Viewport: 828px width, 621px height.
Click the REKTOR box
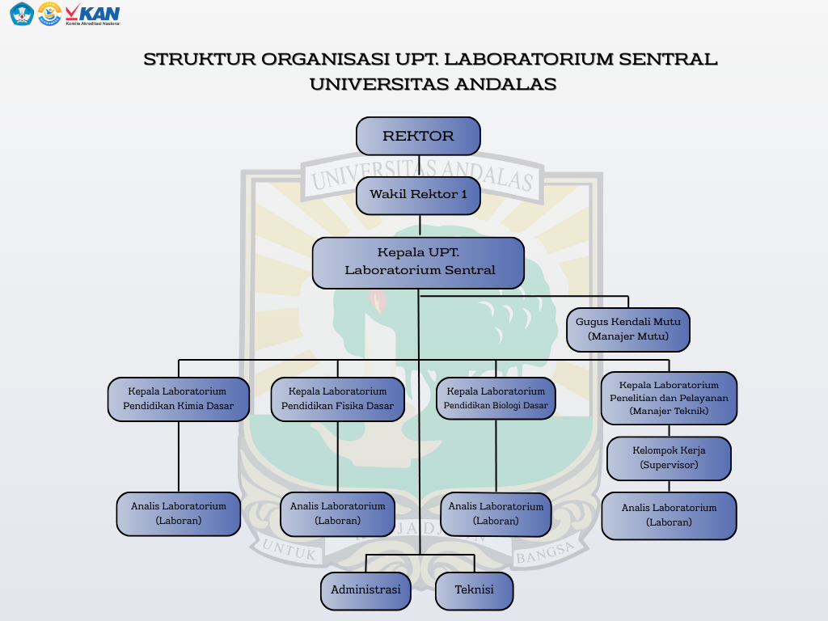(418, 136)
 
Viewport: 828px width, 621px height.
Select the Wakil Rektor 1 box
(418, 195)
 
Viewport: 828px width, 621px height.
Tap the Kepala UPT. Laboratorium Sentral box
(418, 263)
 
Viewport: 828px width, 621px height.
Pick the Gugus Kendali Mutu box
(628, 329)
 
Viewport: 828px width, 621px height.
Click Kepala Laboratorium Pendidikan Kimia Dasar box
(178, 399)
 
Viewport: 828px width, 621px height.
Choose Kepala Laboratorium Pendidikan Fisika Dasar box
(337, 399)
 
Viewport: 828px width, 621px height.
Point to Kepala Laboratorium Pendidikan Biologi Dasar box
(496, 398)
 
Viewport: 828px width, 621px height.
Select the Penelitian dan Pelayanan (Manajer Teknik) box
(669, 398)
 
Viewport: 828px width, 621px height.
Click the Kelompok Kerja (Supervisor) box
(669, 458)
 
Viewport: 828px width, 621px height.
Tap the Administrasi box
(365, 590)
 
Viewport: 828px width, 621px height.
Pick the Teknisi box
(474, 590)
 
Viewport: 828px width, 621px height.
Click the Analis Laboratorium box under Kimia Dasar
(179, 513)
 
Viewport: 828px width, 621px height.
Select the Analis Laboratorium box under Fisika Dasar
(337, 513)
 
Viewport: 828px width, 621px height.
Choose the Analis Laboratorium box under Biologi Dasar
(496, 514)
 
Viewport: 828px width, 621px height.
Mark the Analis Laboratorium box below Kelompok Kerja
(669, 515)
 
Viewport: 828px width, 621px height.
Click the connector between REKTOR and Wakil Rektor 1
(419, 166)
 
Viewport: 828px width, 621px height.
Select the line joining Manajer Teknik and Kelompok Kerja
(669, 431)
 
